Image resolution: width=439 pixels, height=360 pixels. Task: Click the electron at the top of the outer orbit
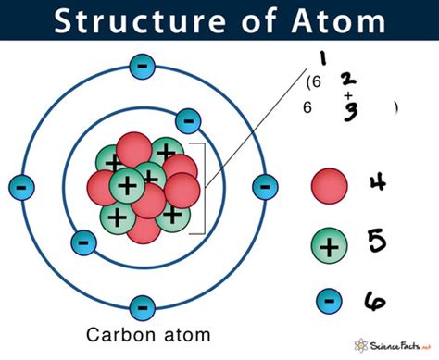(141, 66)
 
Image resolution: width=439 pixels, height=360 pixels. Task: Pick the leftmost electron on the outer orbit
(19, 186)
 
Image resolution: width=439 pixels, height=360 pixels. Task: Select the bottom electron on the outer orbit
(141, 306)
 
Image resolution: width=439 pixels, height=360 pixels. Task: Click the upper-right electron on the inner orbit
(188, 119)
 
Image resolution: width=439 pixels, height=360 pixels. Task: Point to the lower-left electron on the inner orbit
(83, 243)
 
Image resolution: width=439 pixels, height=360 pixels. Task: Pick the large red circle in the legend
(328, 185)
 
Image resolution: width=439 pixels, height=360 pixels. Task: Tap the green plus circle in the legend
(328, 246)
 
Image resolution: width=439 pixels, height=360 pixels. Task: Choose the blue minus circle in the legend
(328, 299)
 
